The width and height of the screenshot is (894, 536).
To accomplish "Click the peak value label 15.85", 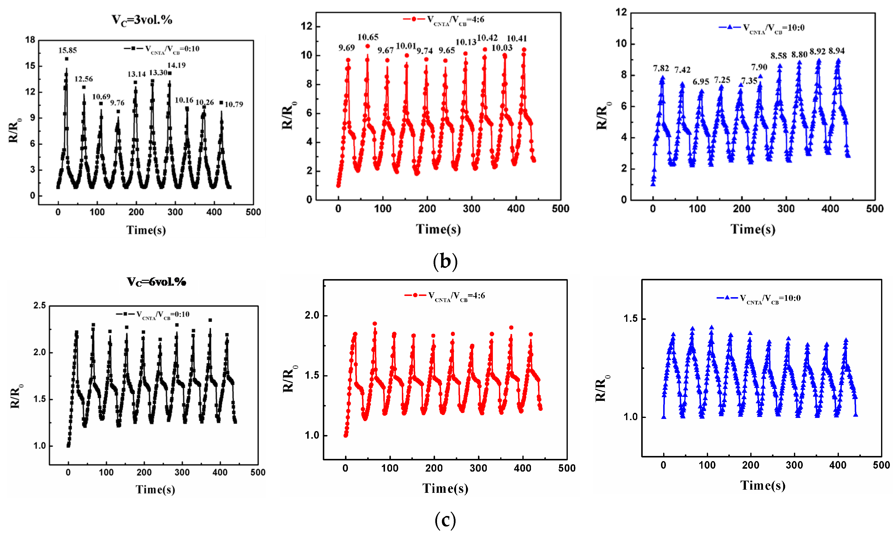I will pyautogui.click(x=68, y=50).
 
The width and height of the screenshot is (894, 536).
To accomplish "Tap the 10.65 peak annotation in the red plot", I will pyautogui.click(x=368, y=37).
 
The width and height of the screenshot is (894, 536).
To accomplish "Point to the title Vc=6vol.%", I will pyautogui.click(x=156, y=282).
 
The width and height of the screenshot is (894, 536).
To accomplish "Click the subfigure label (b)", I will pyautogui.click(x=445, y=261).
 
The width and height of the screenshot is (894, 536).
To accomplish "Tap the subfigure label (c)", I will pyautogui.click(x=445, y=520).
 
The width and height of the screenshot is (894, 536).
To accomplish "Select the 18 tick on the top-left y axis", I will pyautogui.click(x=30, y=40).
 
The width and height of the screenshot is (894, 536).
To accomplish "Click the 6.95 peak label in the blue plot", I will pyautogui.click(x=701, y=82).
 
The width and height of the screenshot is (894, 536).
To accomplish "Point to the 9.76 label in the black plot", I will pyautogui.click(x=117, y=103).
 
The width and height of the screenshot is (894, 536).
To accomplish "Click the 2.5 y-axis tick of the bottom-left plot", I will pyautogui.click(x=40, y=305).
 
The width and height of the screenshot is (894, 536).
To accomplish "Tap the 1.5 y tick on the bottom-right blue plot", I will pyautogui.click(x=630, y=319).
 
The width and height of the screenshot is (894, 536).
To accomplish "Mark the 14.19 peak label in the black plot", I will pyautogui.click(x=176, y=65).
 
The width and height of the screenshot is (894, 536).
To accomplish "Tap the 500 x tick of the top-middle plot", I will pyautogui.click(x=560, y=209).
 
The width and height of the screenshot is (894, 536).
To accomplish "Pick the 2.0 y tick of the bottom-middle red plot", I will pyautogui.click(x=312, y=315).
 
